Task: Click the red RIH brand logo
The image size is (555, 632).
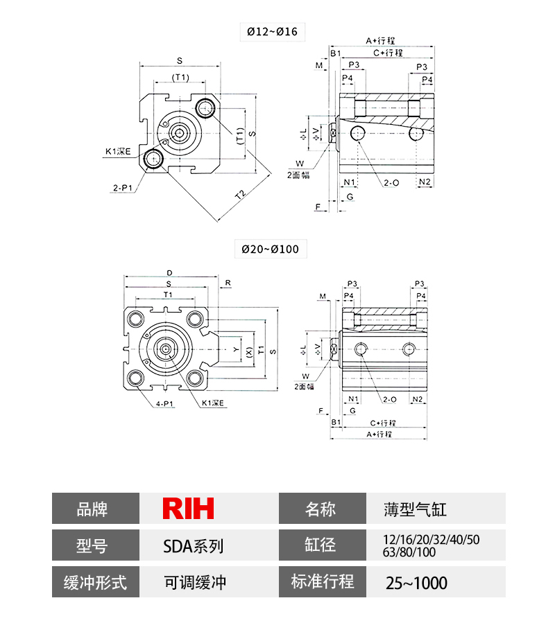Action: click(188, 508)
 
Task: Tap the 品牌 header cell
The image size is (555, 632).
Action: click(96, 509)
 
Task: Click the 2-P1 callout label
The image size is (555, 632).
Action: click(123, 187)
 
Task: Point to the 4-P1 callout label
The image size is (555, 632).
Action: click(164, 403)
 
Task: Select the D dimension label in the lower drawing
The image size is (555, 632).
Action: click(170, 272)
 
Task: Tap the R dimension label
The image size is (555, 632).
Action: click(228, 283)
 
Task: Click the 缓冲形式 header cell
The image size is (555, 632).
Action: click(96, 581)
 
